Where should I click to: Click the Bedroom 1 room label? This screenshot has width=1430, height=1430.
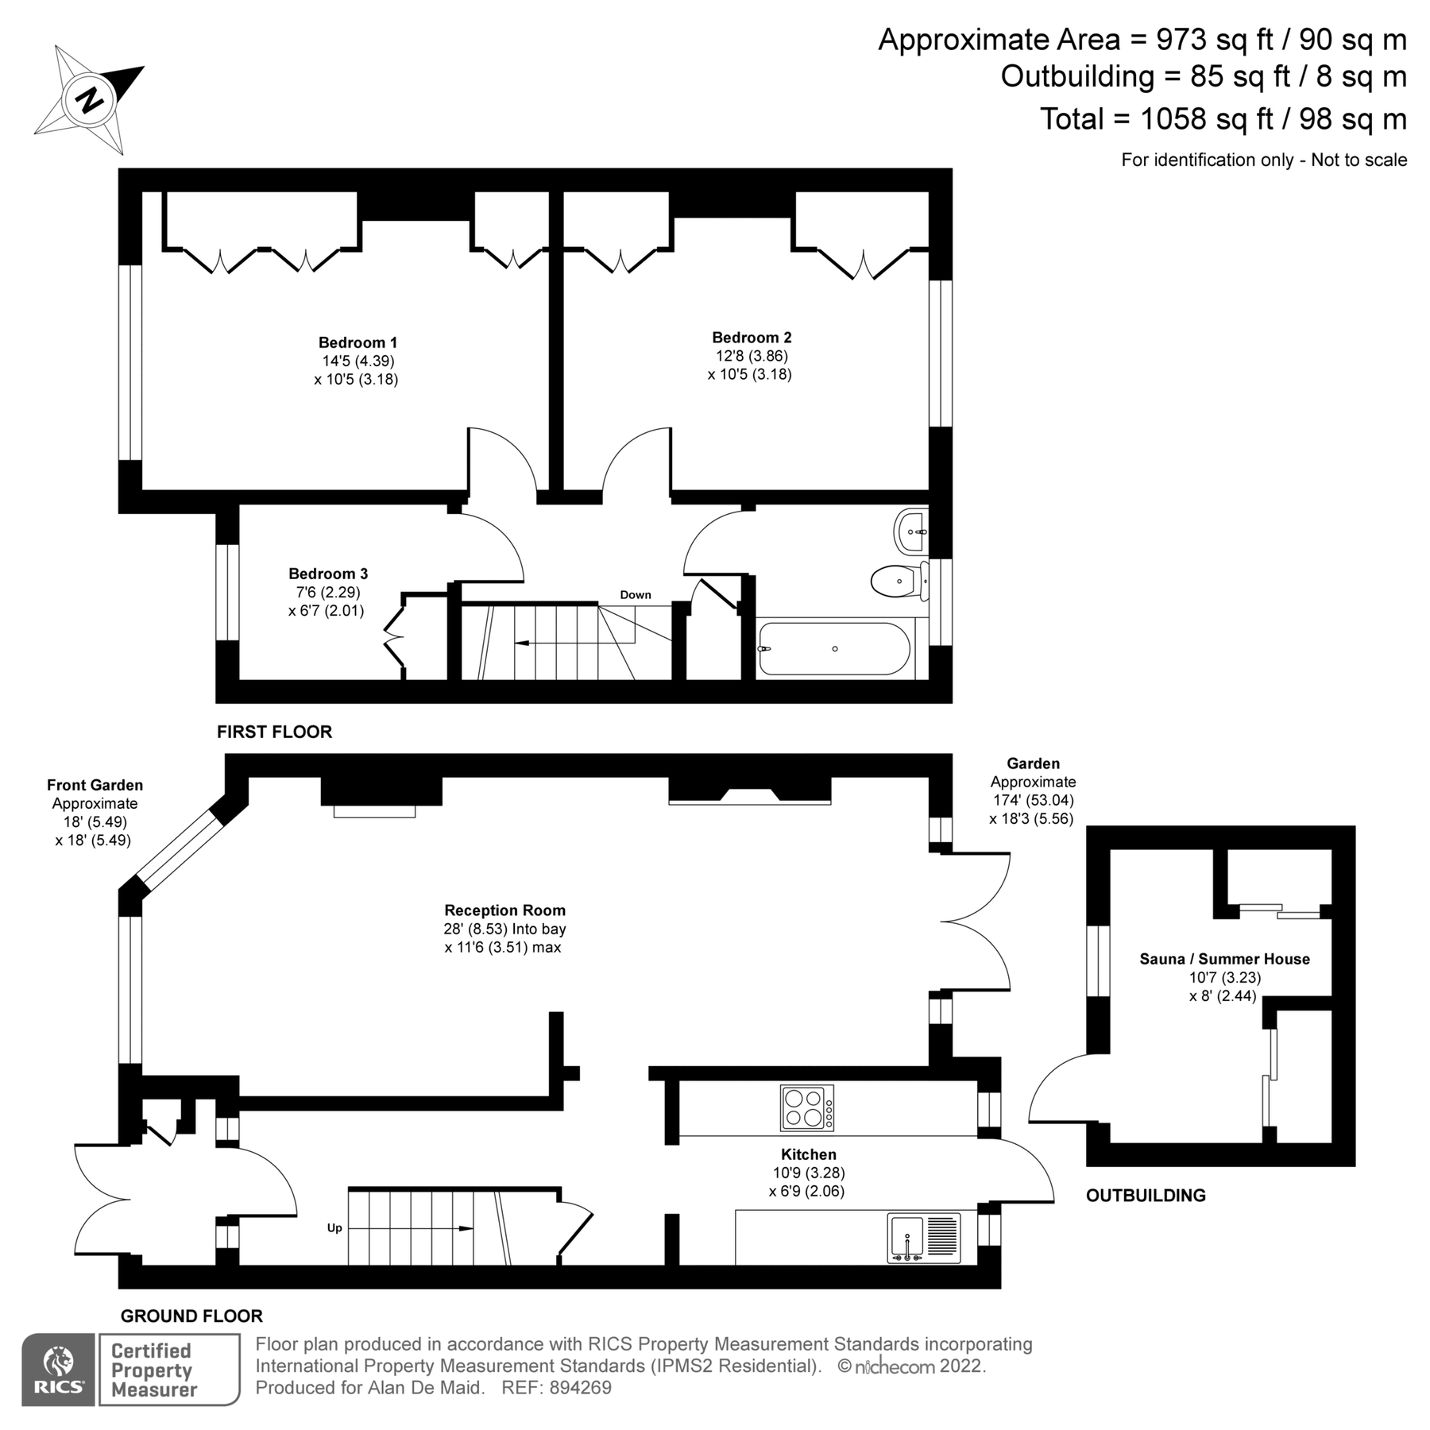[357, 342]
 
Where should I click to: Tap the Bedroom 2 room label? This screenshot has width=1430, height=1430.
[751, 337]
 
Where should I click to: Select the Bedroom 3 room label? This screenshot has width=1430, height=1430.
[327, 573]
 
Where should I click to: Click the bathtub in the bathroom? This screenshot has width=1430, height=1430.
[833, 649]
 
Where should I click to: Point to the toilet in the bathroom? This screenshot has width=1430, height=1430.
[897, 582]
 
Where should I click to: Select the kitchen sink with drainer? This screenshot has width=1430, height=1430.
[923, 1238]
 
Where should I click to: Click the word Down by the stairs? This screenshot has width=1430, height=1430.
[635, 594]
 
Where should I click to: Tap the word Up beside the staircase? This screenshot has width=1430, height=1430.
[334, 1227]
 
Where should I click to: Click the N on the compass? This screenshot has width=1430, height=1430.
[91, 99]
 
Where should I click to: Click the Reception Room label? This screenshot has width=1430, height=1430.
[504, 910]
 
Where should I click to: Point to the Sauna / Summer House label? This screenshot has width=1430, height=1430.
[1224, 959]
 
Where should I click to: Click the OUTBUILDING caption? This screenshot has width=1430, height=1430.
[1145, 1195]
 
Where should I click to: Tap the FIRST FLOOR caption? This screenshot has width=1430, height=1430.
[274, 732]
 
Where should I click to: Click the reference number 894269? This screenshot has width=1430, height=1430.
[580, 1387]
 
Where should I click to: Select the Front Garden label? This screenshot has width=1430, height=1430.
[95, 785]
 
